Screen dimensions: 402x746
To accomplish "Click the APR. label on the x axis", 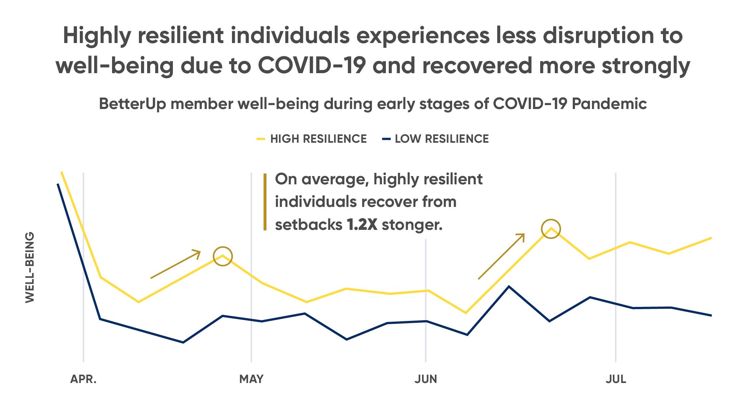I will click(83, 379).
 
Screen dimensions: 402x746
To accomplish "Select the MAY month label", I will click(251, 379).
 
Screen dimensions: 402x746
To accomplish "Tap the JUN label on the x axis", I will click(426, 379).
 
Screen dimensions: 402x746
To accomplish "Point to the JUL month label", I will click(616, 379).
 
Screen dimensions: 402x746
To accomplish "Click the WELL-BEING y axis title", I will click(30, 268).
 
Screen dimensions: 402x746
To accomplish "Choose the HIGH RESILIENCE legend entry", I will click(318, 139).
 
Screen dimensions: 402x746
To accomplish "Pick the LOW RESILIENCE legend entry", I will click(441, 139).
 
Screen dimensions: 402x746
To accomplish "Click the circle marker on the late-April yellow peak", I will click(223, 256).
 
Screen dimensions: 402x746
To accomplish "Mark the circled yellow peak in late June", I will click(551, 229).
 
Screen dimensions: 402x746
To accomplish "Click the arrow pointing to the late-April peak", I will click(175, 264).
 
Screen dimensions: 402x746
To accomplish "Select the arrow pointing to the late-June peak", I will click(501, 256).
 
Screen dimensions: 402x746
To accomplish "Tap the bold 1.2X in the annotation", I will click(362, 225).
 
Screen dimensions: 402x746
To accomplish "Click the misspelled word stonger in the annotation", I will click(412, 225).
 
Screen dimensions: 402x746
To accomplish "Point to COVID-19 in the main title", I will click(312, 66).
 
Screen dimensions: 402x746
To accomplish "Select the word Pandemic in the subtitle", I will click(609, 104).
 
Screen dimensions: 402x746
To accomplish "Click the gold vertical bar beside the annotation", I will click(265, 202).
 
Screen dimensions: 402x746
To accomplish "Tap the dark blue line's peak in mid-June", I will click(509, 286).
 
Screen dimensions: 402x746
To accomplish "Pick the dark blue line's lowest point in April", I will click(183, 342).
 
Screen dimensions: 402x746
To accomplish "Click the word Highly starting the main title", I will click(97, 36).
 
